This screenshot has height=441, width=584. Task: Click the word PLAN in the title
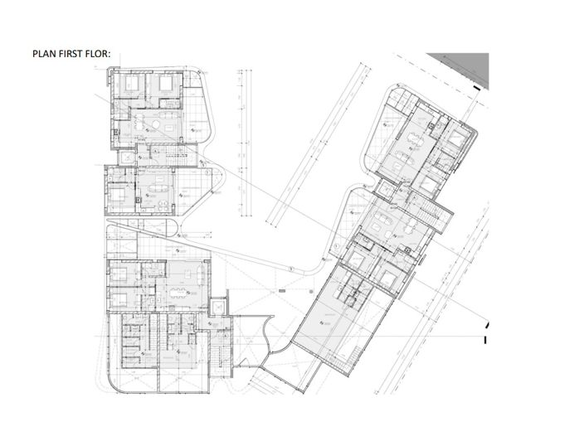click(x=43, y=56)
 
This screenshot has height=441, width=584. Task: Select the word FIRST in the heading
click(x=73, y=56)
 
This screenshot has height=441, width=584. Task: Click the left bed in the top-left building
click(x=134, y=85)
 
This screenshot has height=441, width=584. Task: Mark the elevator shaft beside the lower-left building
click(x=217, y=306)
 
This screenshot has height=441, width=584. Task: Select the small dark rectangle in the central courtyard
click(x=282, y=291)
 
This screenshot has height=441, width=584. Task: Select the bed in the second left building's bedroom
click(x=119, y=195)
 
